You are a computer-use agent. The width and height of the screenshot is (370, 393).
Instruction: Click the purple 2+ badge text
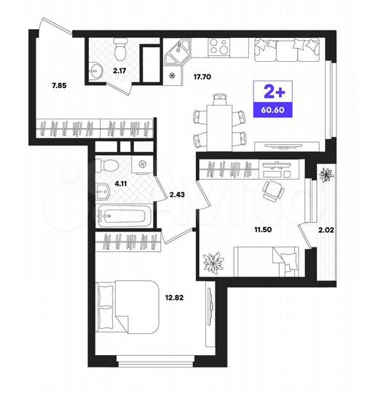coord(269,92)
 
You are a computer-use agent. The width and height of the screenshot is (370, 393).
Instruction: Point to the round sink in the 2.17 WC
coord(97,71)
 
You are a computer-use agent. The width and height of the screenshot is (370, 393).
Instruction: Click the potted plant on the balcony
coord(326,175)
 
